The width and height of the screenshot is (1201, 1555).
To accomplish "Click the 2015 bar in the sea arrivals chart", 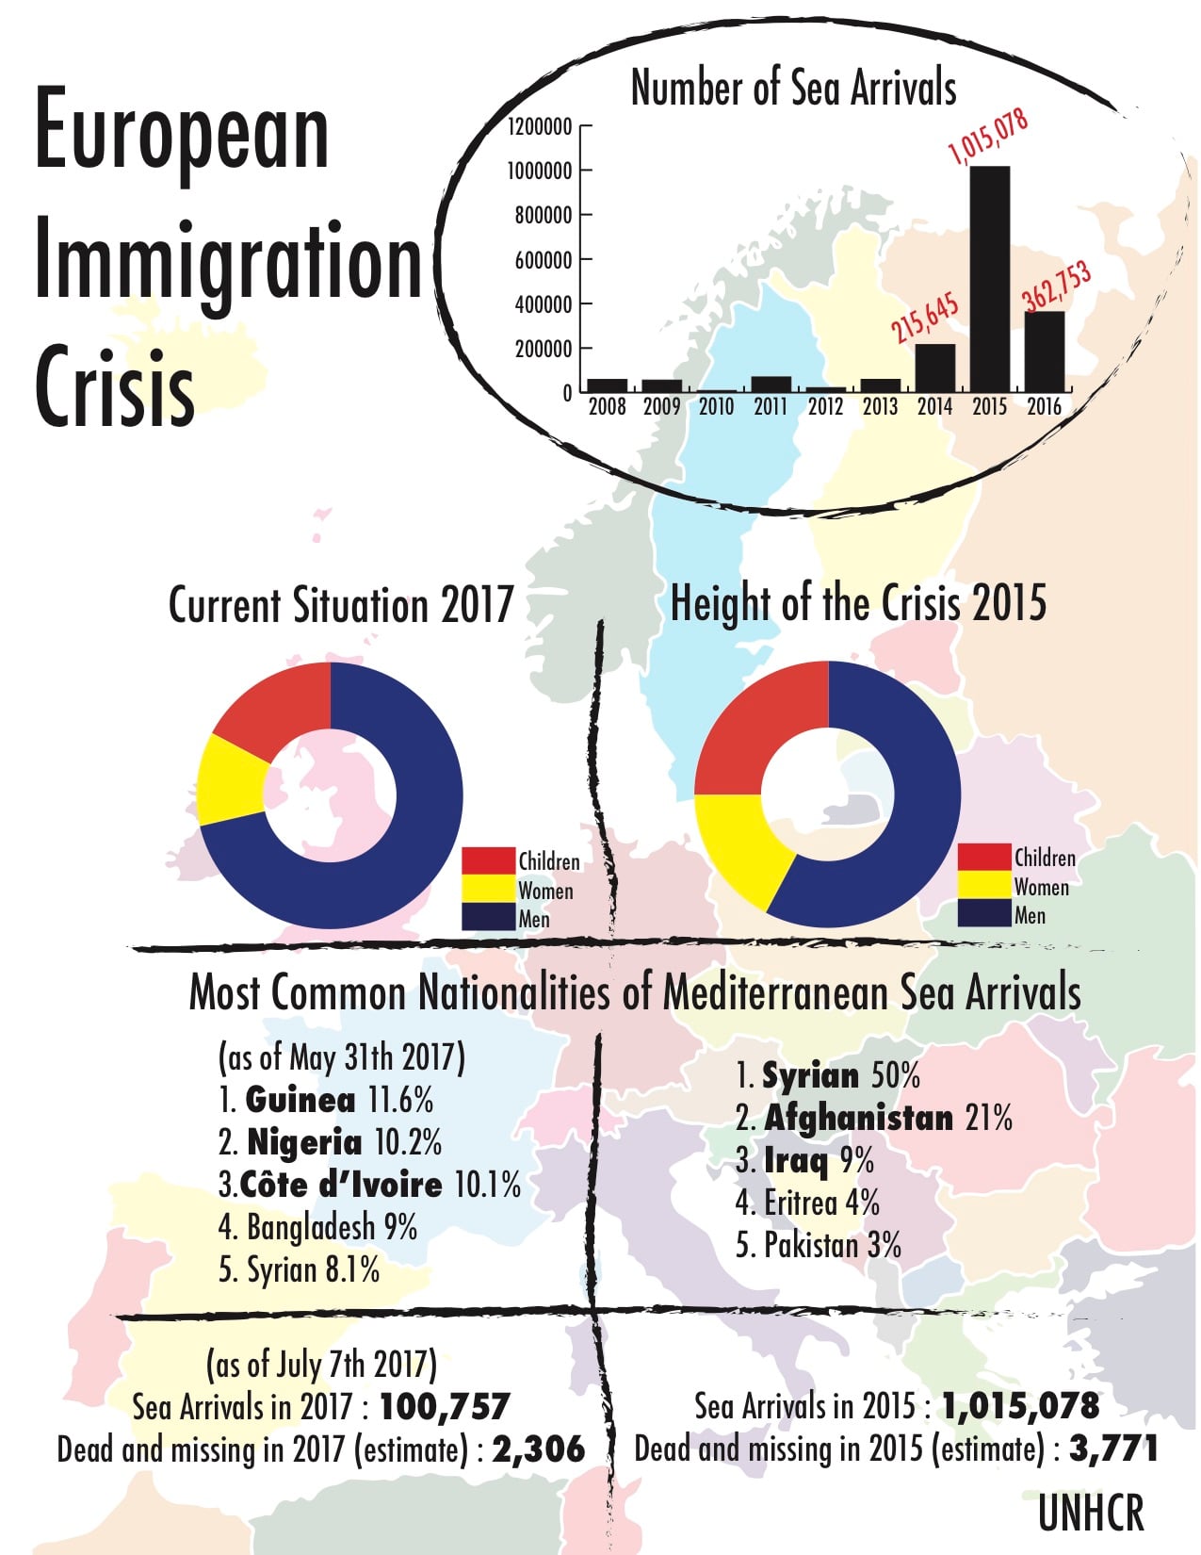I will [989, 279].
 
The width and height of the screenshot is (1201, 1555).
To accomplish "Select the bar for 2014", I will [934, 368].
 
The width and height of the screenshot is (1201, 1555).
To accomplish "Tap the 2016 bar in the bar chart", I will [1045, 352].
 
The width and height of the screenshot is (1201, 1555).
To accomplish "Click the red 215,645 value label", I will [925, 318].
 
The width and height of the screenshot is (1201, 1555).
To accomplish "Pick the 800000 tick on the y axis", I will [544, 216].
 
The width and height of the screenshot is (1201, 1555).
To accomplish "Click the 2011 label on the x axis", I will [771, 407].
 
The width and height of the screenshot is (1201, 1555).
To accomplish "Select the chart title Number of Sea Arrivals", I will [793, 88].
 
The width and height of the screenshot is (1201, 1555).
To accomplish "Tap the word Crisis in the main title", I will [114, 387].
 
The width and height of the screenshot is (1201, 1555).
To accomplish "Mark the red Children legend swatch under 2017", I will [488, 860].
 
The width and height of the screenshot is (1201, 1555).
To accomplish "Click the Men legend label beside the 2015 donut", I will [1030, 915].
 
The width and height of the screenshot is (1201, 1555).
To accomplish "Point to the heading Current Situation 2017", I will [340, 605].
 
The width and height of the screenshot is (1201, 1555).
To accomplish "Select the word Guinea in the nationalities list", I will [300, 1100].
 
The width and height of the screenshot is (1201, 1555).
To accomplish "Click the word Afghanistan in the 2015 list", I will [858, 1118].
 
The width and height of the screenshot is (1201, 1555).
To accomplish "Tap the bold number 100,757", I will [444, 1407].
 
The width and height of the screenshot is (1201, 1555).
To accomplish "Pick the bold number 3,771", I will [1112, 1449].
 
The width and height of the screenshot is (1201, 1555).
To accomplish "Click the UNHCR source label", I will [1091, 1514].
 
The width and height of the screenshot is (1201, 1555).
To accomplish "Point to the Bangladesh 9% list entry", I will [317, 1227].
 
